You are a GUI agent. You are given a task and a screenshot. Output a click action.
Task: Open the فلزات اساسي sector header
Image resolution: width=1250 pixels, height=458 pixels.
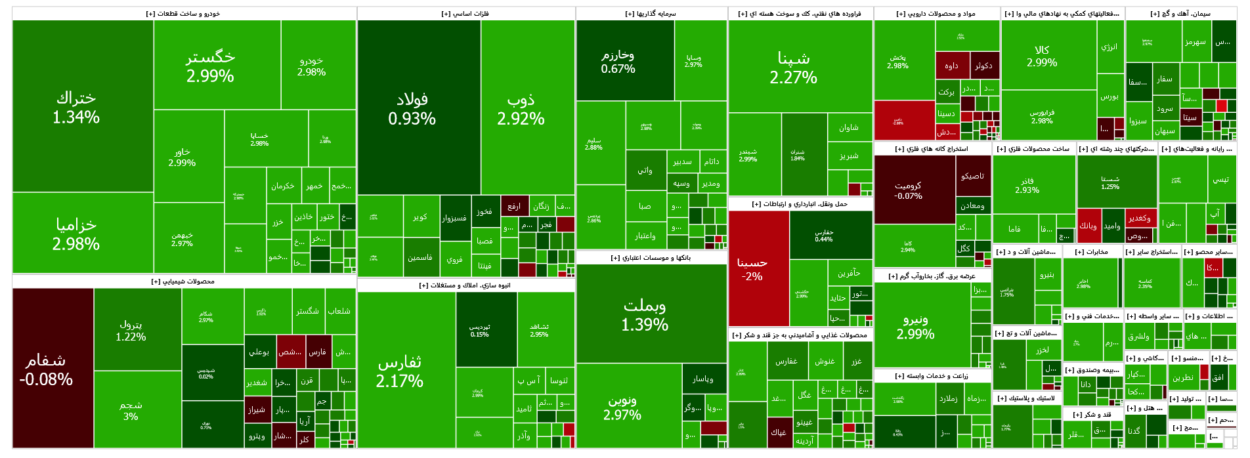[x=465, y=14]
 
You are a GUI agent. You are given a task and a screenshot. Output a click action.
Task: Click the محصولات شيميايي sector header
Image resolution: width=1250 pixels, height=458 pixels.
[x=183, y=281]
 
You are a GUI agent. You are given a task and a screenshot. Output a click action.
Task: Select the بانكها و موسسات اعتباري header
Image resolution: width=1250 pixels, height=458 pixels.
[x=651, y=258]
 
